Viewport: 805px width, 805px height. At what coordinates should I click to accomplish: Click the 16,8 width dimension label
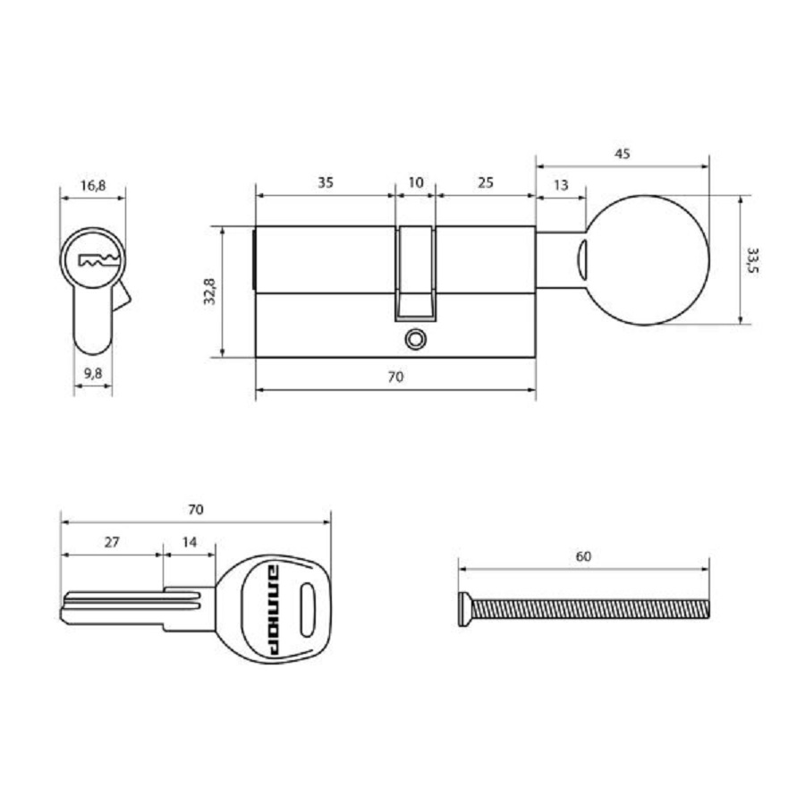click(92, 186)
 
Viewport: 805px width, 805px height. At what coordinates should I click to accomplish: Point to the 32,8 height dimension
click(209, 292)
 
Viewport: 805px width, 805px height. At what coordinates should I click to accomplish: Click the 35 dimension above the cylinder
click(326, 182)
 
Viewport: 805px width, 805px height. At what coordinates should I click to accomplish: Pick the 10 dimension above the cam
click(415, 182)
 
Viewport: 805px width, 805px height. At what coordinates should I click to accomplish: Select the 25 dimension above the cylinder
click(486, 182)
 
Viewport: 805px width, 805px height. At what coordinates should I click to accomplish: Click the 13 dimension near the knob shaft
click(561, 185)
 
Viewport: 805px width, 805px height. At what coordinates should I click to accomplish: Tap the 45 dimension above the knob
click(623, 153)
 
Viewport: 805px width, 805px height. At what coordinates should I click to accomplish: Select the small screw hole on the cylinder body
click(414, 339)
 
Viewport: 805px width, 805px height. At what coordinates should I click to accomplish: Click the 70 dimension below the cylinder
click(395, 377)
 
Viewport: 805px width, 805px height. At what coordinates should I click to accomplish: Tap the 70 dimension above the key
click(196, 510)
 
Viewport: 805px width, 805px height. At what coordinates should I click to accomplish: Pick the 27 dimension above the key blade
click(112, 542)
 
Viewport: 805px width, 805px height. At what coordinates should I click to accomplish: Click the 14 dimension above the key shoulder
click(189, 542)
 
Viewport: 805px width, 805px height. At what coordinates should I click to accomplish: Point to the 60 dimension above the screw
click(583, 556)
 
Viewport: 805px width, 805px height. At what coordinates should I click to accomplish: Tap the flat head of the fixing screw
click(463, 610)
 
